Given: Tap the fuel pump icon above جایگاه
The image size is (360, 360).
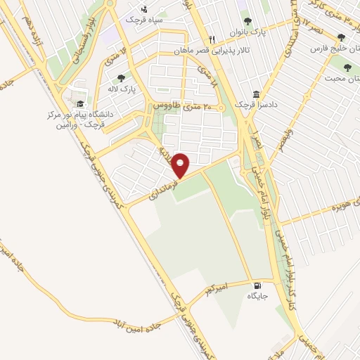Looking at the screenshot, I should coord(257,285).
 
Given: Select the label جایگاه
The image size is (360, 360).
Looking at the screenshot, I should coord(257,296).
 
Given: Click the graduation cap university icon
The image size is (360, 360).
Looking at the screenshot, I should coord(79,103).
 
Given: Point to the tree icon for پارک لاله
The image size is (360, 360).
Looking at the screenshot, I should coord(121,78).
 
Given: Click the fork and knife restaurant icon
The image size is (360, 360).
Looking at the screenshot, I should coord(210,39).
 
